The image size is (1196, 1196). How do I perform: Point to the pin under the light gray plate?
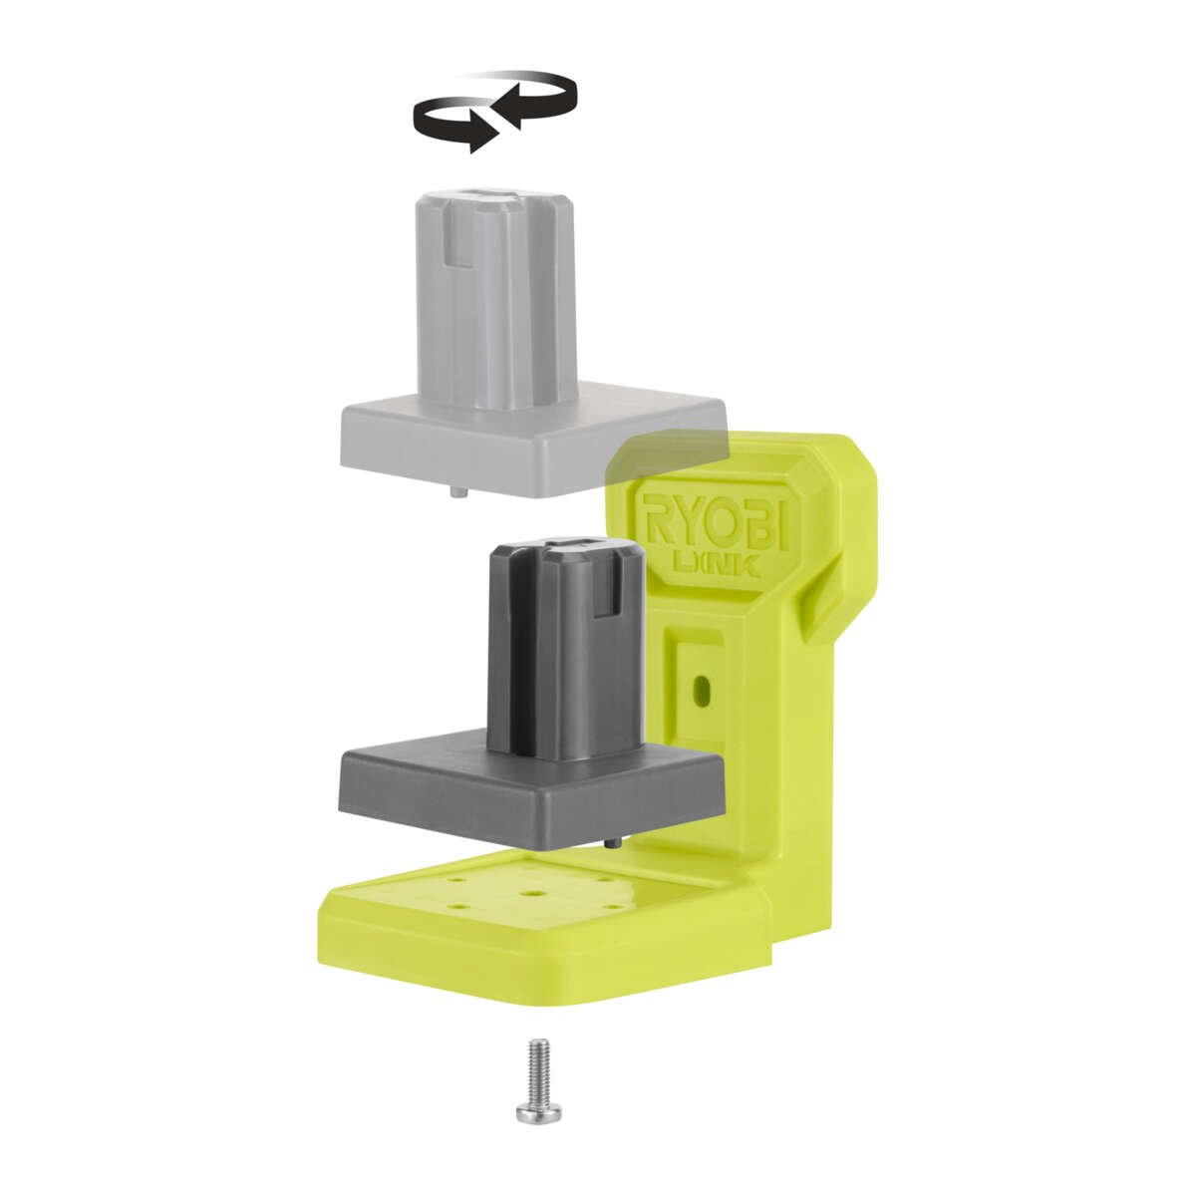point(455,491)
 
